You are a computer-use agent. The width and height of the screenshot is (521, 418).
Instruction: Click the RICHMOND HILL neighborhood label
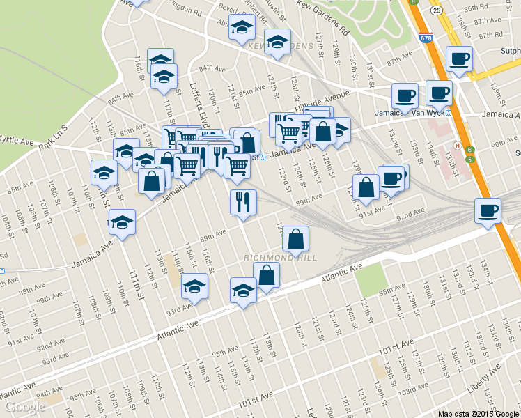pyautogui.click(x=279, y=258)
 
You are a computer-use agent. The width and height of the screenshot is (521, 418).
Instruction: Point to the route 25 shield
pyautogui.click(x=435, y=10)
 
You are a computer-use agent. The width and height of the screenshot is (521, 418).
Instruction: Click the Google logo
pyautogui.click(x=24, y=407)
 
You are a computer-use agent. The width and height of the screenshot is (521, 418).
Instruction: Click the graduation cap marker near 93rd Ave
pyautogui.click(x=194, y=286)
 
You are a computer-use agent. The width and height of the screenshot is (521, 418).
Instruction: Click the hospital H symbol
pyautogui.click(x=457, y=145)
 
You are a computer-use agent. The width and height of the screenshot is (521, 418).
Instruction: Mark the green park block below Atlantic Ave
pyautogui.click(x=369, y=279)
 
